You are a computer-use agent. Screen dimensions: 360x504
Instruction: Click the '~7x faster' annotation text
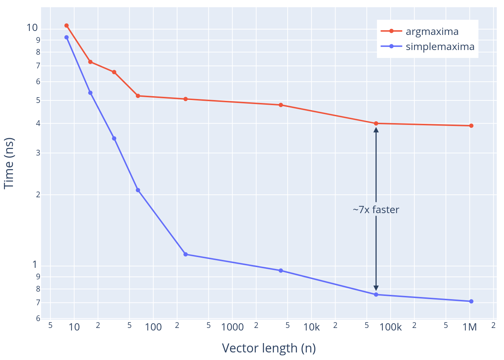[376, 210]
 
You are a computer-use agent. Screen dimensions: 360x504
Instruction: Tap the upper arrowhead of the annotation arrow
[376, 129]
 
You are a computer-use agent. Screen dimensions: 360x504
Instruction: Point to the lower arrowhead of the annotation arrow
[376, 288]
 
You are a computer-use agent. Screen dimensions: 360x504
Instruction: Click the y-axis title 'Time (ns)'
[9, 163]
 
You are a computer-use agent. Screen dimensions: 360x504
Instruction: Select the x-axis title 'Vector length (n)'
[269, 348]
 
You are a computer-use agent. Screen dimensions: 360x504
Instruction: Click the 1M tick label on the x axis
[469, 327]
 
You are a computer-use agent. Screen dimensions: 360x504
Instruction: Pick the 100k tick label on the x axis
[391, 327]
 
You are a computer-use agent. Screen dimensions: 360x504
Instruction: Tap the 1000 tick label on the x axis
[233, 327]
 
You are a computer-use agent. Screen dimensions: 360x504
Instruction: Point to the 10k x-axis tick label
[311, 327]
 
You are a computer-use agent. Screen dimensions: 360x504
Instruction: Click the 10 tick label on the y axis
[32, 28]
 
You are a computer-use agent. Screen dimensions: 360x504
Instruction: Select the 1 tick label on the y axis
[35, 265]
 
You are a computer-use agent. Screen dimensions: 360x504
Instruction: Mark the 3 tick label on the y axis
[38, 153]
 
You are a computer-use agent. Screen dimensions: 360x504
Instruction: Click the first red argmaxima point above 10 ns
[67, 26]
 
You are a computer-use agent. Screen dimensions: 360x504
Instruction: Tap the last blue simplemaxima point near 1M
[471, 301]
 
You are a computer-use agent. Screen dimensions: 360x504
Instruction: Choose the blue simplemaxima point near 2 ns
[138, 190]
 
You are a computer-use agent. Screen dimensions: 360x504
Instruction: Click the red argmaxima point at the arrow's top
[376, 123]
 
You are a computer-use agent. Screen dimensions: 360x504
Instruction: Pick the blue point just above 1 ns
[185, 254]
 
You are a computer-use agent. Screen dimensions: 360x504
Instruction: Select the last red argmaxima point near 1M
[471, 126]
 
